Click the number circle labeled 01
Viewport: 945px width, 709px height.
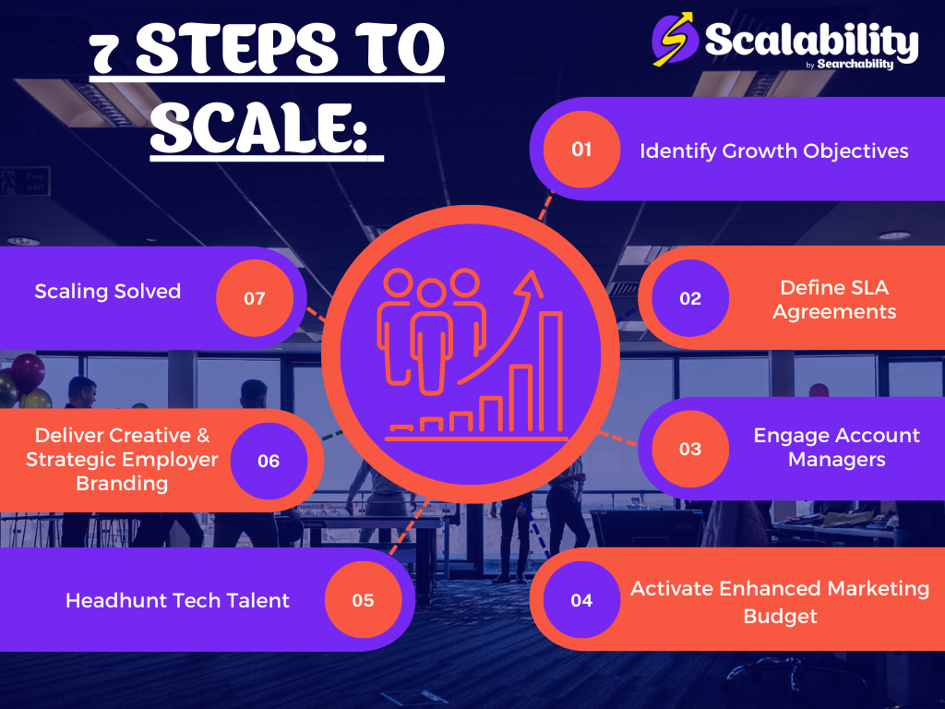581,149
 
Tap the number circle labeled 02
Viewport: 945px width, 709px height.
690,298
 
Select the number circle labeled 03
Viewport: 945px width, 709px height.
690,449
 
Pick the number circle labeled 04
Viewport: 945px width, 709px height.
581,600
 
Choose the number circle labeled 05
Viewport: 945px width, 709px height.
364,600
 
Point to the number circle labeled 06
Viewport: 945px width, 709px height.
269,462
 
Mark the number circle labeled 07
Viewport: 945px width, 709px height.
255,298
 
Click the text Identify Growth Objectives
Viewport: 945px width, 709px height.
774,150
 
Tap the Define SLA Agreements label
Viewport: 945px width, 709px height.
834,300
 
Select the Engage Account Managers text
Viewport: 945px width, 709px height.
836,448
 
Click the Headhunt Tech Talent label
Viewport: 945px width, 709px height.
177,600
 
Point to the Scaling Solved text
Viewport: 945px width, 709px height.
108,291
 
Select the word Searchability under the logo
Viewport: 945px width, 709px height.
855,64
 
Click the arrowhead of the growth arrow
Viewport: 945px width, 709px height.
529,284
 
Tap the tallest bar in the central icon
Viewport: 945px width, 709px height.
551,371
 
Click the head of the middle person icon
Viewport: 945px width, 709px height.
431,294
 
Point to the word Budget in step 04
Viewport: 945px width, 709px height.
780,617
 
